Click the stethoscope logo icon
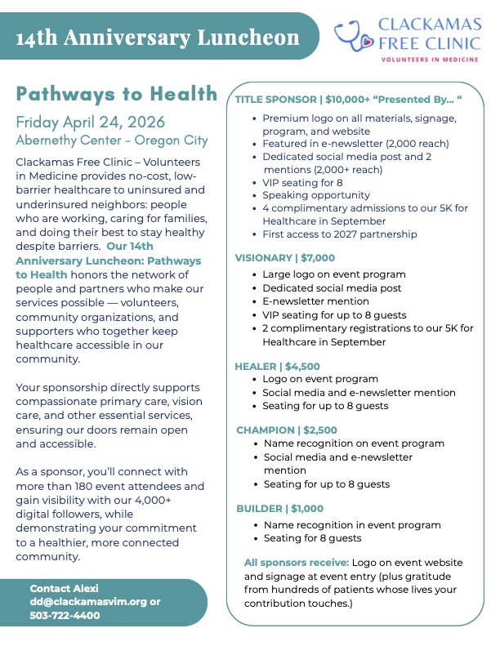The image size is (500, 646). pyautogui.click(x=355, y=33)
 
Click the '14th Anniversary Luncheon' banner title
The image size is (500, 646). pyautogui.click(x=157, y=38)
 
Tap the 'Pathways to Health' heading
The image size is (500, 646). pyautogui.click(x=117, y=93)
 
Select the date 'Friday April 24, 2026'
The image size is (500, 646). pyautogui.click(x=90, y=123)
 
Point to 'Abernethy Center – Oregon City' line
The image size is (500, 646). pyautogui.click(x=112, y=140)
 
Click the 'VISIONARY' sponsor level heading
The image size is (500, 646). pyautogui.click(x=263, y=258)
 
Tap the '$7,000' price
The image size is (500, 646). pyautogui.click(x=318, y=258)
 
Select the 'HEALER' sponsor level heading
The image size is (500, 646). pyautogui.click(x=256, y=367)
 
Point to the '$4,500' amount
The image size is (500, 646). pyautogui.click(x=302, y=367)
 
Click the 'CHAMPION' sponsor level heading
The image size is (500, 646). pyautogui.click(x=266, y=430)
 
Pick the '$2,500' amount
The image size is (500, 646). pyautogui.click(x=320, y=430)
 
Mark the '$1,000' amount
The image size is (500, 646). pyautogui.click(x=307, y=509)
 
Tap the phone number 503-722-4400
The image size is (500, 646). pyautogui.click(x=65, y=615)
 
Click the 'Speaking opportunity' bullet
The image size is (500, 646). pyautogui.click(x=316, y=195)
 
